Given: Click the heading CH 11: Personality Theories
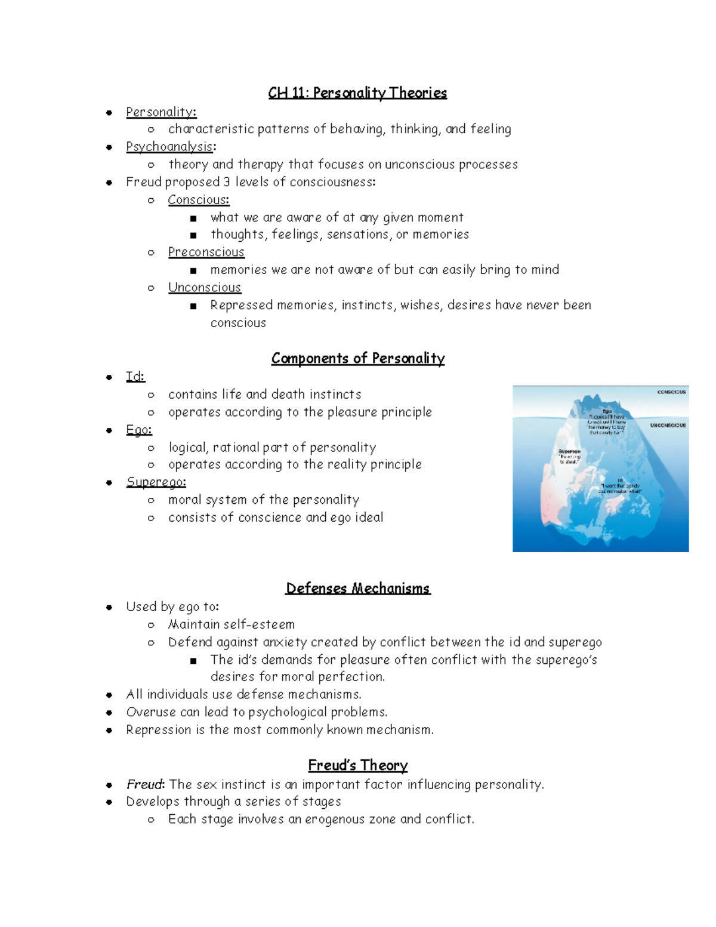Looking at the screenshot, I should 357,93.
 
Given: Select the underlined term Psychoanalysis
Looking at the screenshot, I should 169,147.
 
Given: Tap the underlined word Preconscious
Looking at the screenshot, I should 206,252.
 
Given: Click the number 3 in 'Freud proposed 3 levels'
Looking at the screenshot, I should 227,182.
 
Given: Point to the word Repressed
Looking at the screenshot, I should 239,305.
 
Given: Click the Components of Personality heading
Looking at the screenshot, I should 357,358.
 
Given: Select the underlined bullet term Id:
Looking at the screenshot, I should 135,377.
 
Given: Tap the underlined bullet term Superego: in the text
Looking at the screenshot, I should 156,482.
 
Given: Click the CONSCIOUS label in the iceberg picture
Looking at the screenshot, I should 671,392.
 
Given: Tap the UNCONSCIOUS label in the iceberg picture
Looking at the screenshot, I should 668,426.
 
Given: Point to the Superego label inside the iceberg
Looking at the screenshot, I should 569,452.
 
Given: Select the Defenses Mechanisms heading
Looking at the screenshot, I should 357,589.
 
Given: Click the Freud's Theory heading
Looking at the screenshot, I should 357,765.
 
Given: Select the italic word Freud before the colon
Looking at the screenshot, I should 144,784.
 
